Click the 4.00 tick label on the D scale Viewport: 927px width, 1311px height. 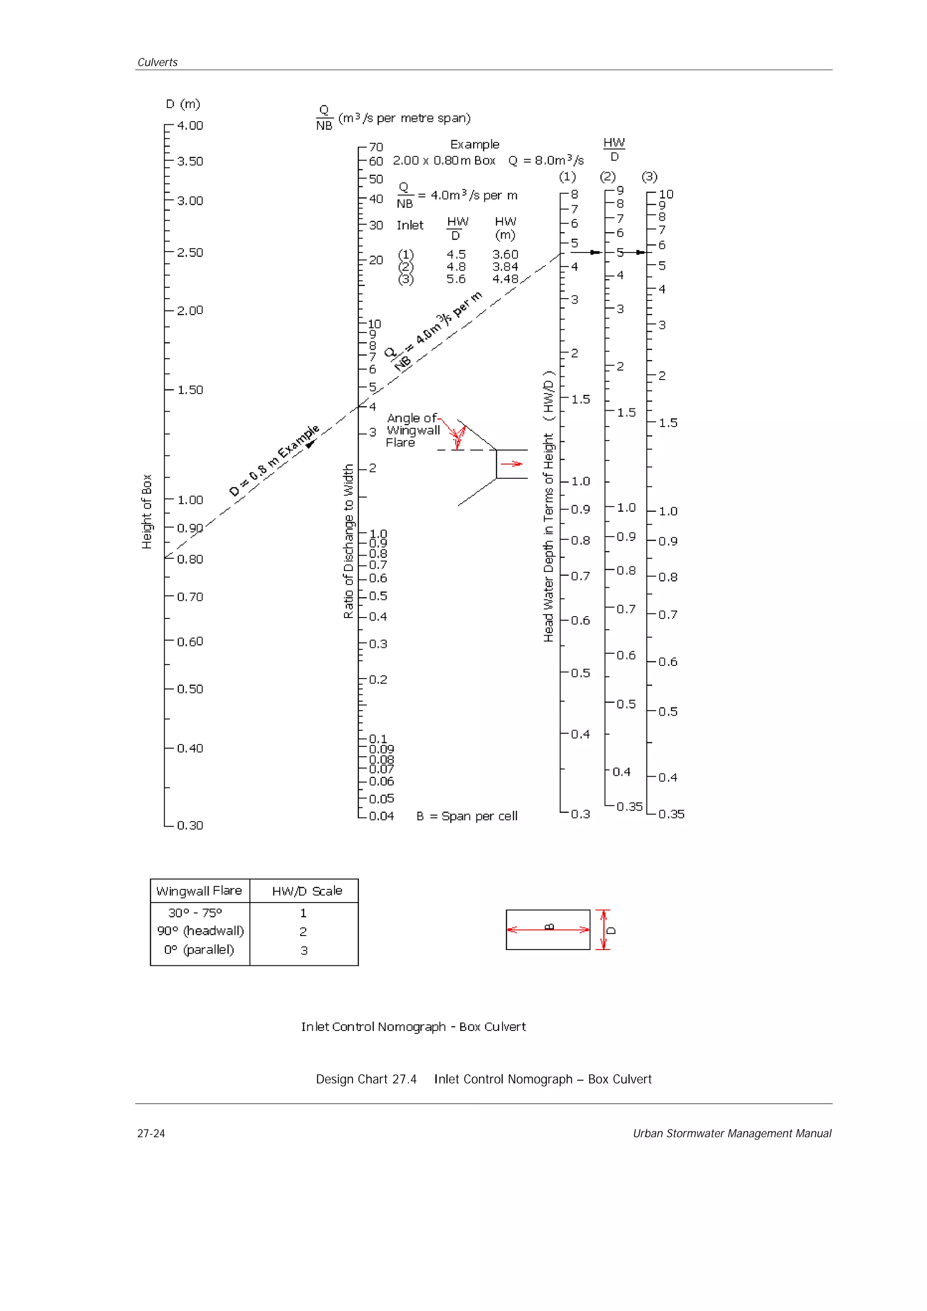click(190, 126)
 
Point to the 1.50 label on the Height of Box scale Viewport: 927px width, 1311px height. click(190, 390)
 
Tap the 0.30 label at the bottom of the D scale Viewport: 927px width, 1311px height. click(190, 825)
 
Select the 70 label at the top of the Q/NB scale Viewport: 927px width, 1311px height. click(376, 147)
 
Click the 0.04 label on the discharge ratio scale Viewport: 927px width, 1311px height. click(381, 816)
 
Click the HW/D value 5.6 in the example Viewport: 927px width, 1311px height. click(456, 279)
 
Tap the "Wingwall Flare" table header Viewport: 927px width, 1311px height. click(199, 891)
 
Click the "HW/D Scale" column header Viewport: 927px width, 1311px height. click(307, 891)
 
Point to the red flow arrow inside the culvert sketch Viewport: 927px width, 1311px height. click(512, 464)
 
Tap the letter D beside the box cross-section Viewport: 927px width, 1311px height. click(612, 930)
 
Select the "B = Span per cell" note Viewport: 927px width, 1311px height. click(467, 816)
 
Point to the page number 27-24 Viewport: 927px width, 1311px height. click(151, 1133)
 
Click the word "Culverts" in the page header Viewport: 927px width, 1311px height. click(157, 62)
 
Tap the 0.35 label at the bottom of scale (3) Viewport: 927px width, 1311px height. click(671, 814)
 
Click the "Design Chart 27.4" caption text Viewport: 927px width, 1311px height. click(366, 1079)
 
